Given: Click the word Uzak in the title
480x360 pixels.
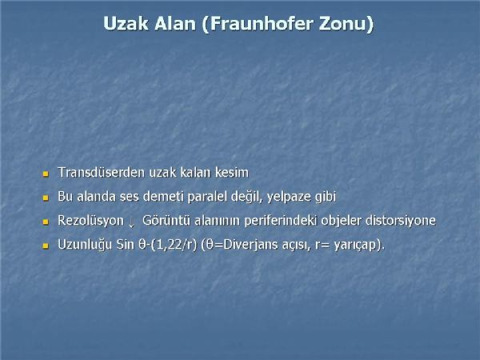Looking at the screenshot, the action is point(126,23).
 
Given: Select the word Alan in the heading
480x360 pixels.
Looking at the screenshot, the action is point(175,23).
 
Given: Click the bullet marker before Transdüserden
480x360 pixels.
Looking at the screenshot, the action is point(46,174).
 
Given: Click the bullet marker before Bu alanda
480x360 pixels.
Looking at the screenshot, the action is point(46,198).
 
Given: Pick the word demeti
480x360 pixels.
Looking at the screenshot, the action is point(163,196).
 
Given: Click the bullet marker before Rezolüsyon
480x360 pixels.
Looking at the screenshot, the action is point(46,222).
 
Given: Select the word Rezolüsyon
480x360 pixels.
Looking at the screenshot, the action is point(90,221).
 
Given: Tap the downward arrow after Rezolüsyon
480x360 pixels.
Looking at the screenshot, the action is point(132,222).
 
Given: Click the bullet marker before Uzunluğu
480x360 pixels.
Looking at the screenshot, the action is point(46,246).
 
